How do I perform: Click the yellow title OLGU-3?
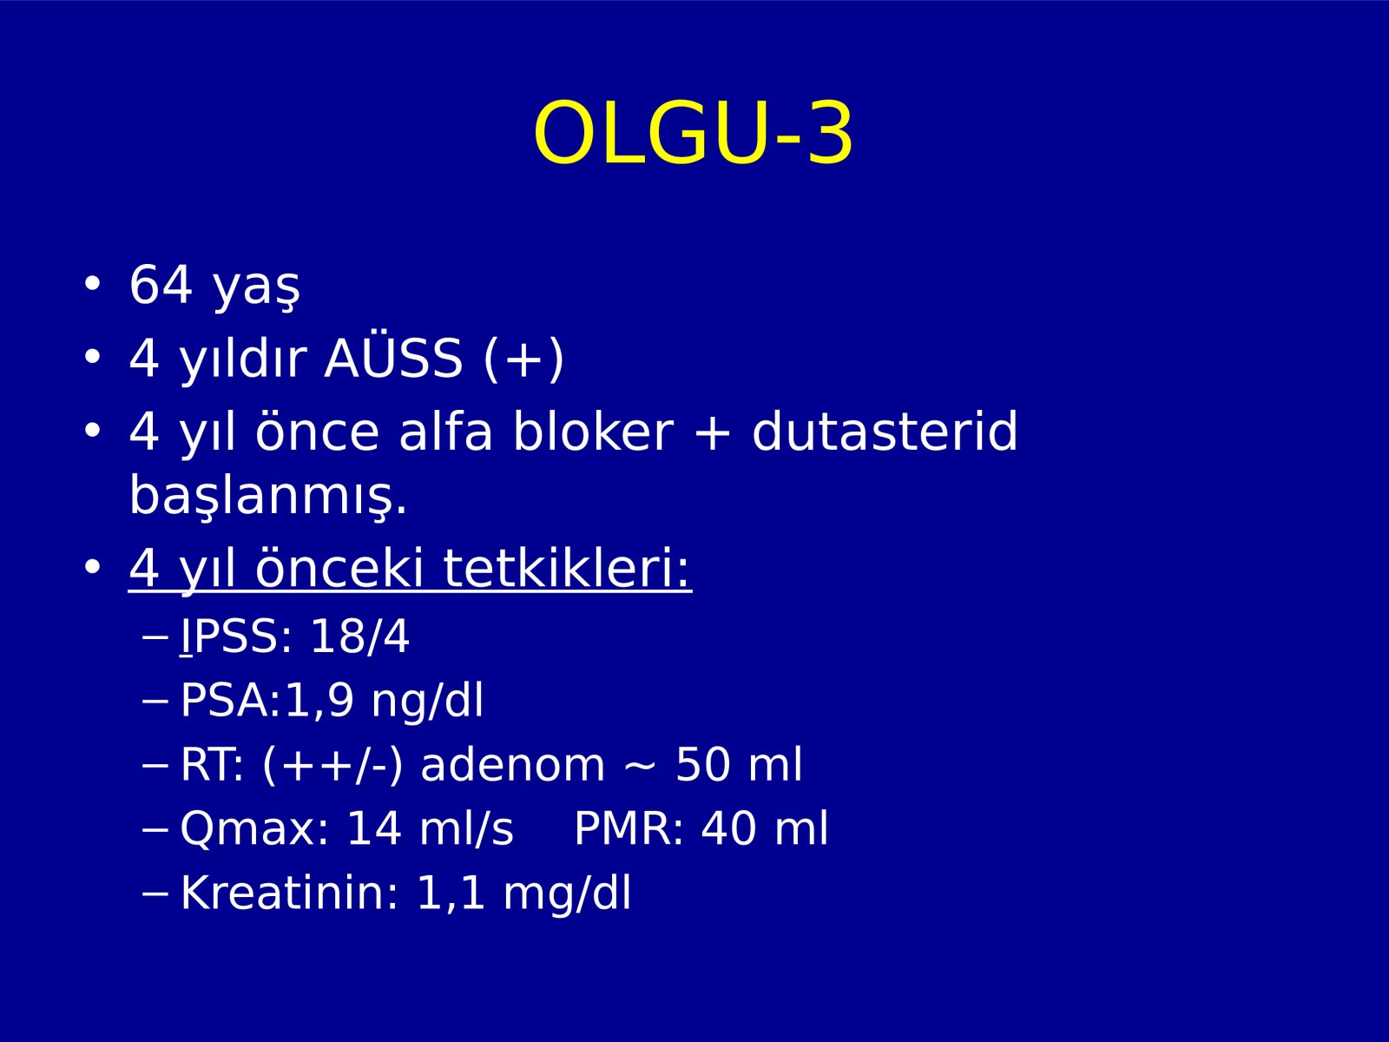[x=694, y=134]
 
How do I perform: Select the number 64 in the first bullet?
[x=161, y=285]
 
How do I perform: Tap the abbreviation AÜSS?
[x=393, y=358]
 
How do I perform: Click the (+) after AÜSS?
[x=523, y=359]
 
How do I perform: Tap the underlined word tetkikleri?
[x=566, y=568]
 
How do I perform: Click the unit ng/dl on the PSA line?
[x=427, y=701]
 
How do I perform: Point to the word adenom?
[x=512, y=765]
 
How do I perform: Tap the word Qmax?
[x=254, y=828]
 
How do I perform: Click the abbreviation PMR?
[x=629, y=828]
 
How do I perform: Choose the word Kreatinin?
[x=289, y=893]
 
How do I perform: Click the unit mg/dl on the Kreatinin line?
[x=567, y=894]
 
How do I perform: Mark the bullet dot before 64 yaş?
[x=92, y=284]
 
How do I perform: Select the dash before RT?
[x=155, y=766]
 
